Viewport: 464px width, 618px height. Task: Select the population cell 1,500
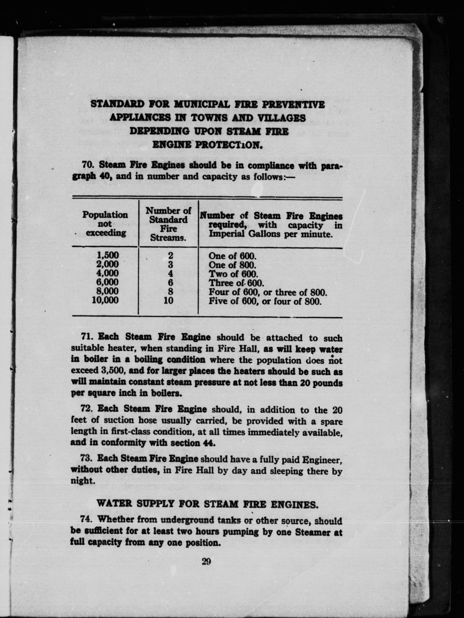tap(108, 255)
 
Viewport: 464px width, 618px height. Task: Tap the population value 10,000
tap(105, 300)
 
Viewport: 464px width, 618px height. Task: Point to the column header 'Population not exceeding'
tap(105, 223)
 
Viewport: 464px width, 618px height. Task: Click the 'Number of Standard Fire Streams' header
tap(168, 224)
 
